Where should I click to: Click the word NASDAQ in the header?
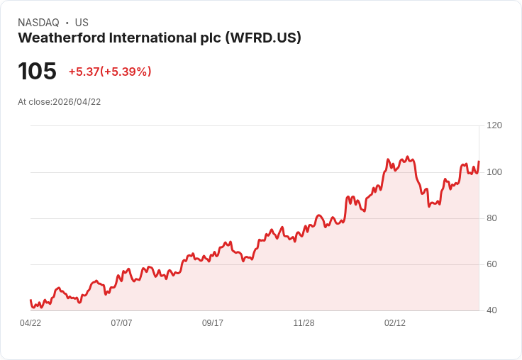(x=38, y=23)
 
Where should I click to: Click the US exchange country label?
(x=82, y=23)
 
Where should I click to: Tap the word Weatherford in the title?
(x=61, y=38)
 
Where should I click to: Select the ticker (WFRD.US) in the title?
(x=263, y=38)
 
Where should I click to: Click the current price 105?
(x=37, y=72)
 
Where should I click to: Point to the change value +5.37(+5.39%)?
(x=110, y=72)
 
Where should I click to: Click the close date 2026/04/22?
(x=77, y=102)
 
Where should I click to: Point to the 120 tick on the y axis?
(x=494, y=125)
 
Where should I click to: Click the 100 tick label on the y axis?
(x=494, y=171)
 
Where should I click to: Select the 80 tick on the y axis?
(x=492, y=218)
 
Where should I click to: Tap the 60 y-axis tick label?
(x=492, y=264)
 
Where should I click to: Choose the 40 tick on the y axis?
(x=492, y=310)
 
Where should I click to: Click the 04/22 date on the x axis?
(x=30, y=323)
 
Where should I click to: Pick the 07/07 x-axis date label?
(x=121, y=323)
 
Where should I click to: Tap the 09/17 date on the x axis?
(x=213, y=323)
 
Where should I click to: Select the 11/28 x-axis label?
(x=304, y=323)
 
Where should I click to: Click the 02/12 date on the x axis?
(x=395, y=323)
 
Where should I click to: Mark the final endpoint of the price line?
(x=479, y=162)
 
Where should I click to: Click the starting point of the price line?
(x=30, y=300)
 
